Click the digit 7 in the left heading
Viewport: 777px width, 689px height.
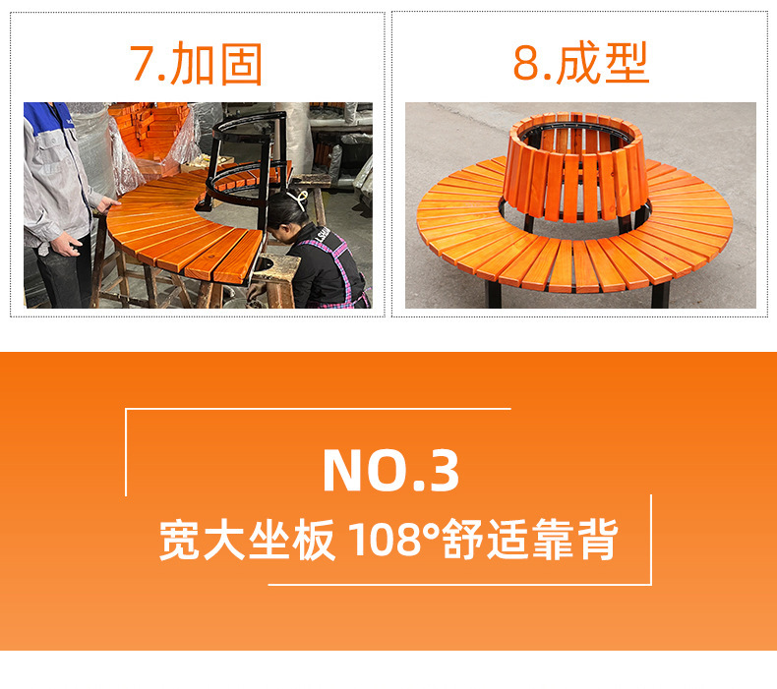143,63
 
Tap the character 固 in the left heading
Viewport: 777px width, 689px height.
241,64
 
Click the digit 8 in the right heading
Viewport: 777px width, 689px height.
526,62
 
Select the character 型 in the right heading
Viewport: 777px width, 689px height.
627,62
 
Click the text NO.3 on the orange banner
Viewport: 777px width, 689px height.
390,470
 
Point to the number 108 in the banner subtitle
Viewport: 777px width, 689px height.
384,539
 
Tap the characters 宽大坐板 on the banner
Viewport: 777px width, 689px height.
247,539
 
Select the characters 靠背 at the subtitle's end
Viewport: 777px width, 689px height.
575,539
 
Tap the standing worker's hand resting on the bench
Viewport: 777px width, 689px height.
109,203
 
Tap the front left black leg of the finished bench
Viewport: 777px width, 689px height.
494,294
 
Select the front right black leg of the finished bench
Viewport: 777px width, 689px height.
661,295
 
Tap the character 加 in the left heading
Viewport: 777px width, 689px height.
192,64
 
